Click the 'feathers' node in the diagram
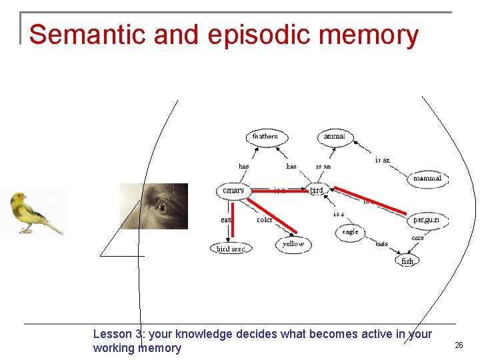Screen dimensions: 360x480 tap(265, 137)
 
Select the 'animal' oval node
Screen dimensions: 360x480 tap(334, 137)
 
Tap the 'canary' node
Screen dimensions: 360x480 tap(233, 191)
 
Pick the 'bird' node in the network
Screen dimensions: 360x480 tap(317, 191)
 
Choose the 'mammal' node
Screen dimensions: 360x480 tap(427, 179)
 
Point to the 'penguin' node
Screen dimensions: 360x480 tap(426, 219)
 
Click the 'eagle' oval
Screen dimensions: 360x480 tap(350, 232)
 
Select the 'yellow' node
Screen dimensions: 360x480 tap(293, 244)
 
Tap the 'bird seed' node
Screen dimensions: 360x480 tap(231, 249)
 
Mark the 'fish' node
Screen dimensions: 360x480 tap(407, 261)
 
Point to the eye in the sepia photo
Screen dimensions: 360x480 tap(161, 207)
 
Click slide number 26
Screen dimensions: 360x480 tap(459, 345)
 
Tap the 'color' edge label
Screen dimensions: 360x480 tap(264, 220)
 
